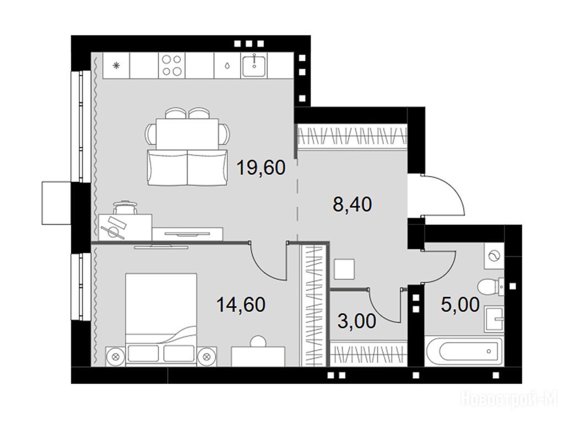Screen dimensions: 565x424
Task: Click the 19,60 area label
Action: tap(261, 168)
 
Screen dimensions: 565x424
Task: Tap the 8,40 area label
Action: tap(353, 205)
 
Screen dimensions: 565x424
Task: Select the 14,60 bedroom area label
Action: tap(241, 304)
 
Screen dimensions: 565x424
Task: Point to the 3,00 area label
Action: tap(357, 321)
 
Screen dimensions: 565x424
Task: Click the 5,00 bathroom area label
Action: tap(460, 304)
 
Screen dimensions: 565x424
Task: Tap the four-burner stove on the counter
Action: tap(172, 65)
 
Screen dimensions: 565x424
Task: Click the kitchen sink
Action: tap(254, 65)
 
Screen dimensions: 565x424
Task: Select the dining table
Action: tap(188, 134)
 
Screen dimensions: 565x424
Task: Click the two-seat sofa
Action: tap(188, 168)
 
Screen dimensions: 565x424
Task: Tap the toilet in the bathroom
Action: tap(491, 287)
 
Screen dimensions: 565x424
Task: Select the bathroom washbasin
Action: tap(494, 319)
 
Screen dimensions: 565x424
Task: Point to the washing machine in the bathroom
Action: tap(494, 256)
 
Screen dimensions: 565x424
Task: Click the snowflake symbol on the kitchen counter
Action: tap(116, 66)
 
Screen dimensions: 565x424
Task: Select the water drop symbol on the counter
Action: tap(227, 66)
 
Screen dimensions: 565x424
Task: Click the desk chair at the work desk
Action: tap(125, 208)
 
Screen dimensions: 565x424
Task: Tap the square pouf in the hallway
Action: tap(344, 269)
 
